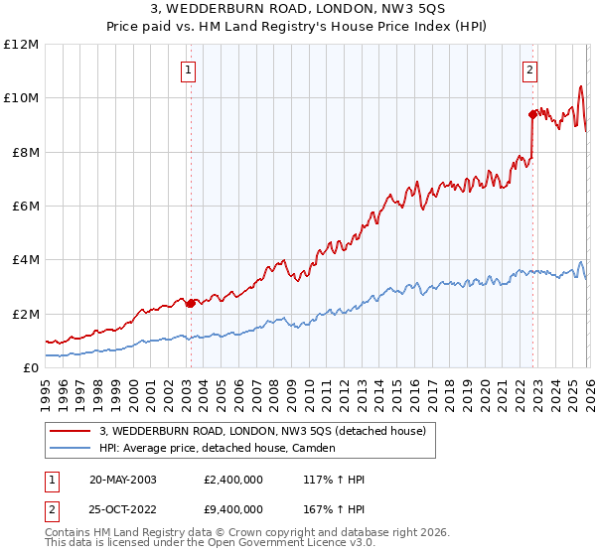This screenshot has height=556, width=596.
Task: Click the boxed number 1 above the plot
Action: pyautogui.click(x=189, y=69)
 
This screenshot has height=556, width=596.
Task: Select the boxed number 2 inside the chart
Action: pyautogui.click(x=530, y=69)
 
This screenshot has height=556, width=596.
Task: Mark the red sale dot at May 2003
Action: pyautogui.click(x=191, y=303)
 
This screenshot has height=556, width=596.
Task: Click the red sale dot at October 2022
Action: pyautogui.click(x=532, y=114)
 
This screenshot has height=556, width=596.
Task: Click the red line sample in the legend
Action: pyautogui.click(x=70, y=431)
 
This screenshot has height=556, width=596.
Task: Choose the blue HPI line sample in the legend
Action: pyautogui.click(x=70, y=448)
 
